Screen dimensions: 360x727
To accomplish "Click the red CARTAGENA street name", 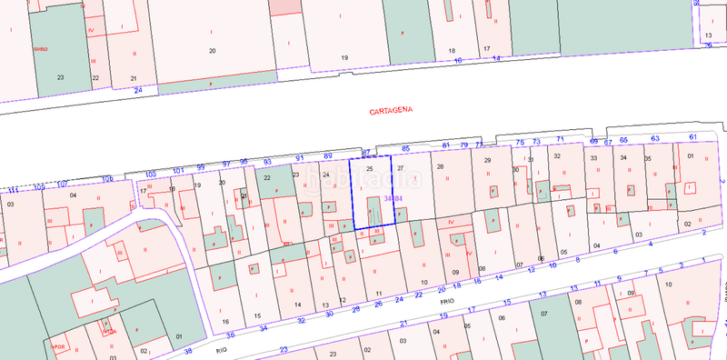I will pos(392,111).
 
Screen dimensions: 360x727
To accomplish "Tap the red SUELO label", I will pos(39,47).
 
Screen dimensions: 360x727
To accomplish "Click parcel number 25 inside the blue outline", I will pos(369,168).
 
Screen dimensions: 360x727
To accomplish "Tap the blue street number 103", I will pos(151,173).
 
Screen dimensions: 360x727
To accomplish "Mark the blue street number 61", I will pos(692,136).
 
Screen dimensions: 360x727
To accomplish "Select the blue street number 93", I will pos(267,161).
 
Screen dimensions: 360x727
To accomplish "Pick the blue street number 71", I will pos(561,139).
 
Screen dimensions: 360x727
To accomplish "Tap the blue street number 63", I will pos(654,138).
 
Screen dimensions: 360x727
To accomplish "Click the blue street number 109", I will pos(107,178).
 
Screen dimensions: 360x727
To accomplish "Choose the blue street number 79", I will pos(463,145).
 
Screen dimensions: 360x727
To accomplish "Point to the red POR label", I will pos(60,346).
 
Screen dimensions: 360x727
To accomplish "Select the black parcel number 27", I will pos(400,168).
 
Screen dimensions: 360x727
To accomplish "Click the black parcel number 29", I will pos(487,161).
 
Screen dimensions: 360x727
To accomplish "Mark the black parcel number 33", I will pos(593,158).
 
